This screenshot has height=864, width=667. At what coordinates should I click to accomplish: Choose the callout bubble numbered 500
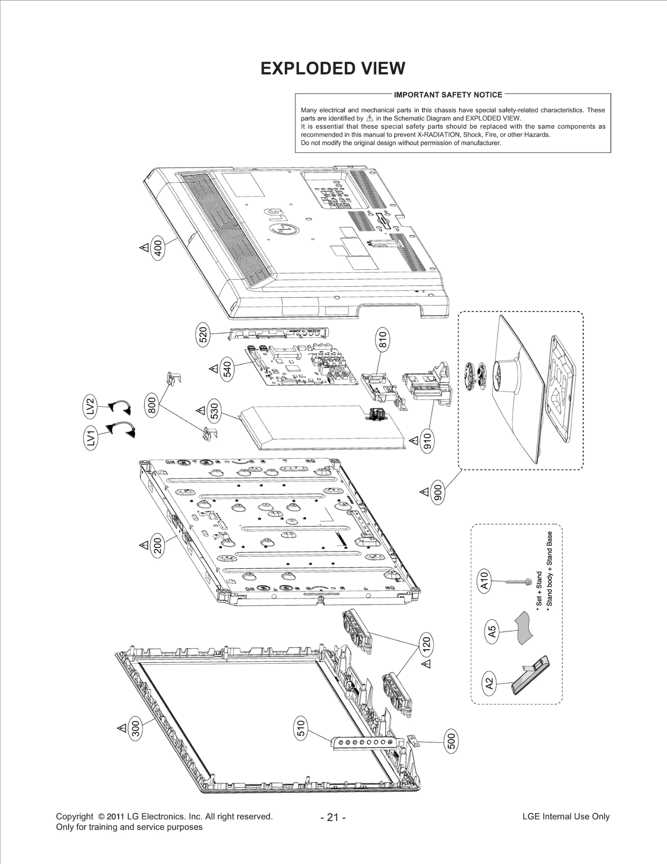pos(451,741)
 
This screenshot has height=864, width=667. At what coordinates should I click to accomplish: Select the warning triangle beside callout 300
pos(122,728)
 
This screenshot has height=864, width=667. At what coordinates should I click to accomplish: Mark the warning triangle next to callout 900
pos(424,492)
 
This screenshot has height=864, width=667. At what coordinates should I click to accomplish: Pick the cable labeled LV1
pos(122,430)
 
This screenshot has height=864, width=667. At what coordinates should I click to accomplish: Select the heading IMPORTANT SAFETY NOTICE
pos(448,95)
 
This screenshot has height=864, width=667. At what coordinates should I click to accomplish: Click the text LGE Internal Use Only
pos(566,816)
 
